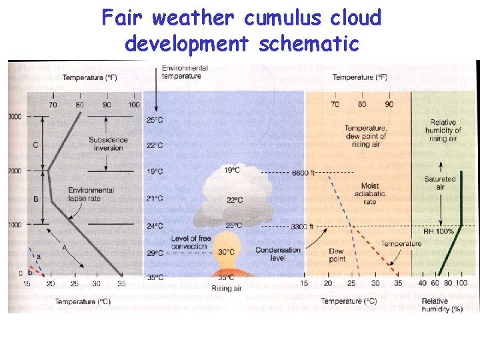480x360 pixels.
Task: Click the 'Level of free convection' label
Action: point(189,242)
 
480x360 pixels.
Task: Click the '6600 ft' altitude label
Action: point(303,173)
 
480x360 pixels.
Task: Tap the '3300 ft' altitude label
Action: point(303,227)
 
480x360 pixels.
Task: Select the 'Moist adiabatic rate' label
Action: point(370,193)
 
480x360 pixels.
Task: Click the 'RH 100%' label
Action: point(439,232)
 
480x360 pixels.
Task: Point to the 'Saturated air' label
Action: point(439,183)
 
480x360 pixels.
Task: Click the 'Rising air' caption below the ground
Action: point(226,288)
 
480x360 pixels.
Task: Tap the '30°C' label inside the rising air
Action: point(226,252)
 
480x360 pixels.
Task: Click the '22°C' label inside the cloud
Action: point(235,200)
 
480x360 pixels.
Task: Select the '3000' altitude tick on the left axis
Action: point(14,117)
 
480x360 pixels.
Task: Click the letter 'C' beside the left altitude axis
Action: point(35,145)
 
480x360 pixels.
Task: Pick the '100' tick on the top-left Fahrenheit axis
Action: point(134,105)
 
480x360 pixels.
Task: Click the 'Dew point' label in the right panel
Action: point(337,255)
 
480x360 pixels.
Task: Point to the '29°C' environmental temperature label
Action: point(155,253)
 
